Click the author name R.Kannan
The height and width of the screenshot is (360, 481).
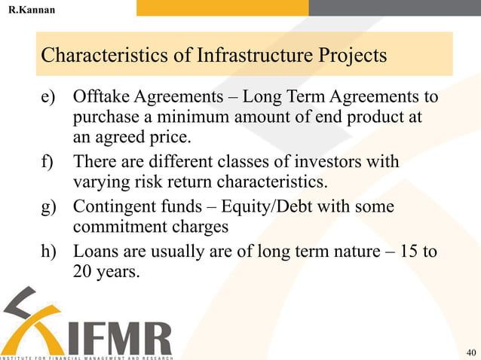[31, 9]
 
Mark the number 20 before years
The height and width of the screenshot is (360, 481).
[83, 270]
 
